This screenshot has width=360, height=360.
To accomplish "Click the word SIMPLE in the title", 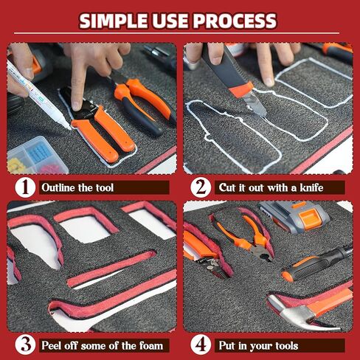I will [115, 20].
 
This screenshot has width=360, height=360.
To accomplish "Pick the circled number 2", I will [200, 187].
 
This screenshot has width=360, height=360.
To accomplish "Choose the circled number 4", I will [200, 344].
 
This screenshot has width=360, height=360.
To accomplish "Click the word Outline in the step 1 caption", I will [59, 187].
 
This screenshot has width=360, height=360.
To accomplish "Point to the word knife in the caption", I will [323, 187].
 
